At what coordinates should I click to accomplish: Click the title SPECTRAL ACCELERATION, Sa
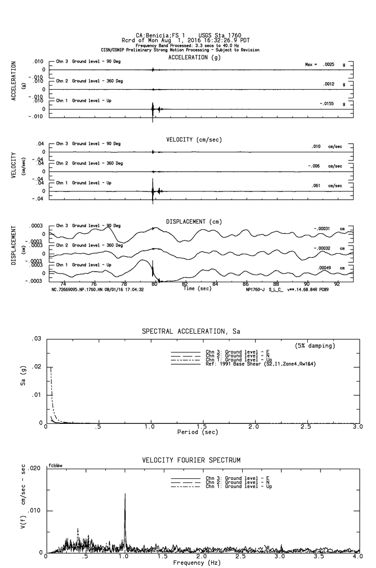point(191,331)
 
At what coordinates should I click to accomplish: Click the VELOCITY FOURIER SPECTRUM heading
point(191,460)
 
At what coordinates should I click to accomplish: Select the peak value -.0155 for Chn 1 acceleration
point(329,103)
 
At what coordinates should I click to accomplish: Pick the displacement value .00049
point(325,267)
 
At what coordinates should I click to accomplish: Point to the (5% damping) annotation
point(315,346)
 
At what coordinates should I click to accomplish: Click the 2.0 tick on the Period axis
point(254,426)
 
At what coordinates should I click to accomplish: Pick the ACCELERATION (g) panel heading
point(195,58)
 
